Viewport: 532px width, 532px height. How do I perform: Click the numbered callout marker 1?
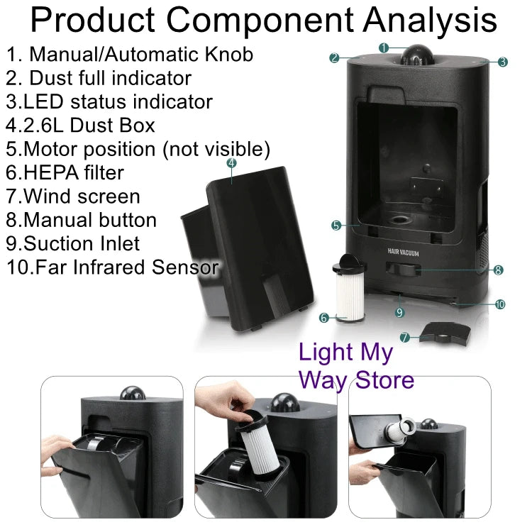click(x=383, y=48)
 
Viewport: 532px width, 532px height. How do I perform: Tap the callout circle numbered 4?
click(x=231, y=162)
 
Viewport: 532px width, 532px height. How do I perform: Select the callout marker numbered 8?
click(x=498, y=270)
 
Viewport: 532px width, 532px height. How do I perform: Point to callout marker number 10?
click(x=499, y=304)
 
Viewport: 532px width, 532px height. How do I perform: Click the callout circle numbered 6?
click(x=323, y=318)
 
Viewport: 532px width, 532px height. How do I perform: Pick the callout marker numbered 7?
click(x=404, y=338)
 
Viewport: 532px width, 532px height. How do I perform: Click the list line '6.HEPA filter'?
click(x=65, y=172)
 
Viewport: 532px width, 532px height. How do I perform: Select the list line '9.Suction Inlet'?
click(x=73, y=243)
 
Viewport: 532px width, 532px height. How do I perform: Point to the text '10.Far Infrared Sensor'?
click(x=112, y=267)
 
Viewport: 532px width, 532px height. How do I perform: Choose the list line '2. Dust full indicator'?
click(x=99, y=77)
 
